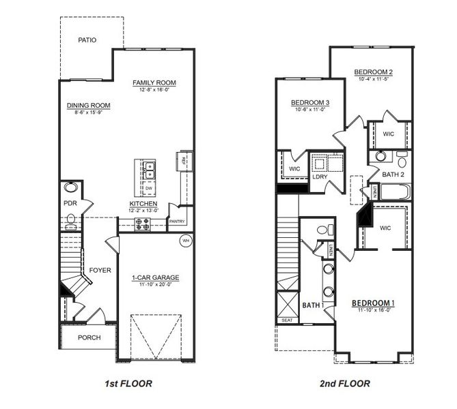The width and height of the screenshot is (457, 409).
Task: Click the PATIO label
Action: (87, 40)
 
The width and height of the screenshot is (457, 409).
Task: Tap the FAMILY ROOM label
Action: (154, 83)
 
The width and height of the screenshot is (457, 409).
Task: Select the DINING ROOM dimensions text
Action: (89, 112)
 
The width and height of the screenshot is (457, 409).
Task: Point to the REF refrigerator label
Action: (182, 161)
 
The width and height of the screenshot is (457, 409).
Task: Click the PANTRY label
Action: (177, 222)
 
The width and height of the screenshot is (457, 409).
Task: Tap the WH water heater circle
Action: (185, 241)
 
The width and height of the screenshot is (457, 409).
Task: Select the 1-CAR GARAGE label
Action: (156, 277)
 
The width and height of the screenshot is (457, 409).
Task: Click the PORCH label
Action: (89, 337)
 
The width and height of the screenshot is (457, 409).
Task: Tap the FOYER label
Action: (100, 271)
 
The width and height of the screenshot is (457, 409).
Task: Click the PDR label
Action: (70, 203)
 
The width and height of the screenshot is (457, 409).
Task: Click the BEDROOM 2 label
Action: (372, 72)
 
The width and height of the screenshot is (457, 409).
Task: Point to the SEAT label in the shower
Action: (286, 320)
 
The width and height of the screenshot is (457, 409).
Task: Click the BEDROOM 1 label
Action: (373, 303)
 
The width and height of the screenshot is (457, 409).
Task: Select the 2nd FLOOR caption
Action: (345, 384)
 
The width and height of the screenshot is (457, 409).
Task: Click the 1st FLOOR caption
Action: (129, 384)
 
